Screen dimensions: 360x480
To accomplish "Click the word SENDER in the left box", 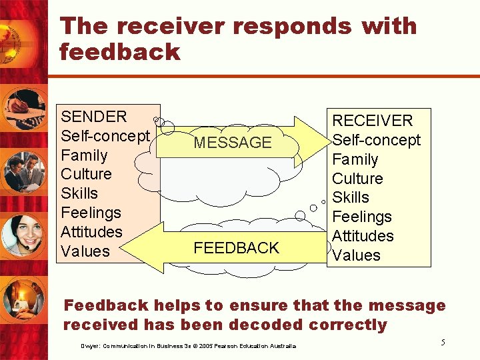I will [x=93, y=117].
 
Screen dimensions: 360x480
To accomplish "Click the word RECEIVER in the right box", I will [x=373, y=121].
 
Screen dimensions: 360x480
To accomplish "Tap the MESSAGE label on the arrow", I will [x=233, y=143].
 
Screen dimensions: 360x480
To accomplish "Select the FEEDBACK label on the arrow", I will [x=236, y=248].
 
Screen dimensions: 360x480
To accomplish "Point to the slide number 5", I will [x=443, y=342].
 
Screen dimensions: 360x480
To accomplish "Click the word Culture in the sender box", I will [x=86, y=174].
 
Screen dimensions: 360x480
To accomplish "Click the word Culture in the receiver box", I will [x=357, y=179].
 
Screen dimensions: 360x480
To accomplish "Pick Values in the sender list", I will [x=85, y=251].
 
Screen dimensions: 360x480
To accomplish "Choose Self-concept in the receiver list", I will [x=377, y=140].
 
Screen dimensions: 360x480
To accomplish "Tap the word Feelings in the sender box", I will [x=91, y=213].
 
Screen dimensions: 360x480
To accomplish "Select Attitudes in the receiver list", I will [x=363, y=236].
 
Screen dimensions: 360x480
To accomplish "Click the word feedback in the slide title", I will [x=120, y=51].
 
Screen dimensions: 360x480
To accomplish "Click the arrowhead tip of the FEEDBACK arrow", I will [x=125, y=247].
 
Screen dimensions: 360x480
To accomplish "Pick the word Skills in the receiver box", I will [x=351, y=197].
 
